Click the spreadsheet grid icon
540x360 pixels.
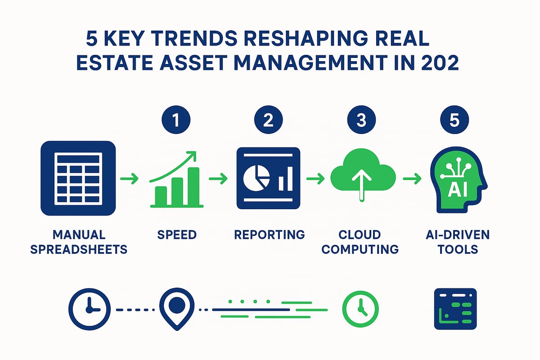point(78,178)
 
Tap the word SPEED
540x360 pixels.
point(176,235)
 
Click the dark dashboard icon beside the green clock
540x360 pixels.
point(455,309)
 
